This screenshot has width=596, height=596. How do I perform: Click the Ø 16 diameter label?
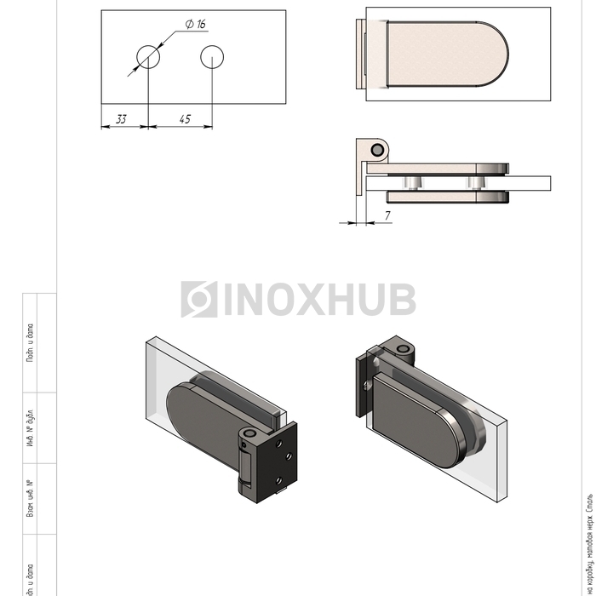click(195, 23)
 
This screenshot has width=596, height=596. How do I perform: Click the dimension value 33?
click(121, 119)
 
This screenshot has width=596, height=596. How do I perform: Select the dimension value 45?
click(185, 119)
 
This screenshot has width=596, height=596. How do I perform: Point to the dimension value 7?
click(387, 216)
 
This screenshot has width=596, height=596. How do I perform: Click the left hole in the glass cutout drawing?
click(148, 56)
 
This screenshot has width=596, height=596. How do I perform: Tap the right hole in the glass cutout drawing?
click(212, 56)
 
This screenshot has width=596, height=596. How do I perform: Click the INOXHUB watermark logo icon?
click(199, 300)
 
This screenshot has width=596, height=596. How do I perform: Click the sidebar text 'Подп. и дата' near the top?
click(32, 343)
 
